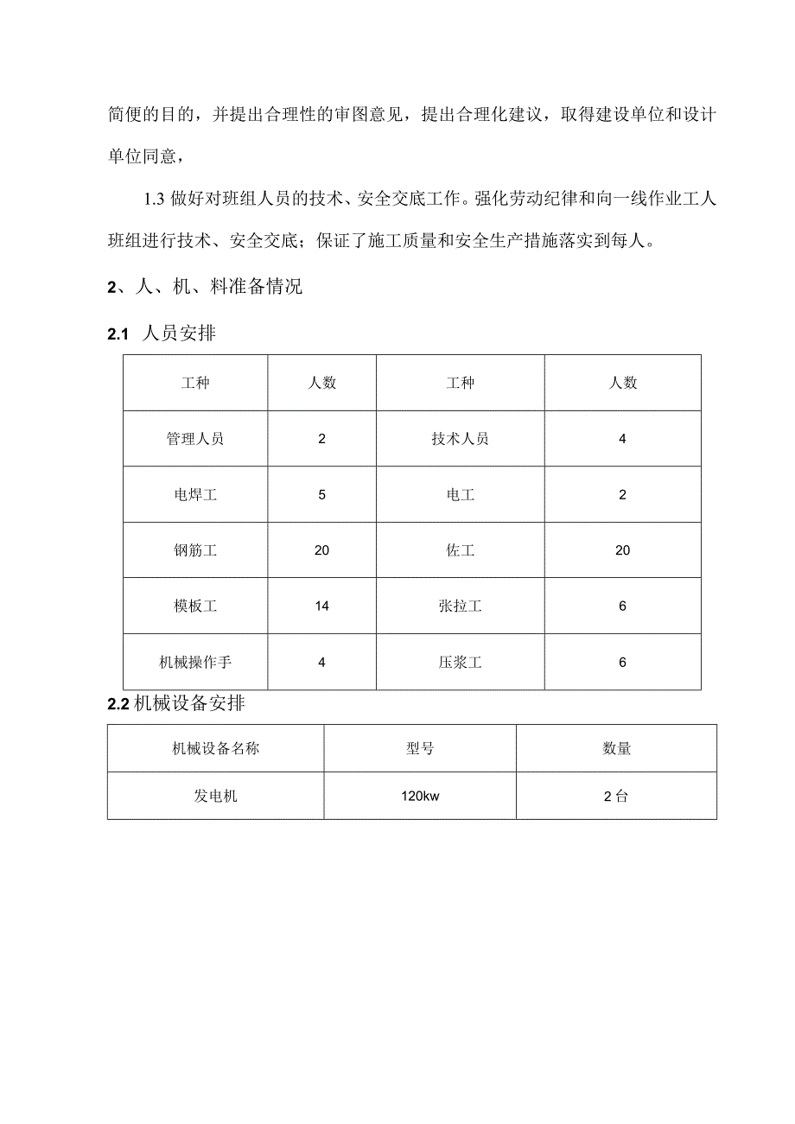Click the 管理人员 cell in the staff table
tap(195, 439)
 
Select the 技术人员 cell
tap(460, 439)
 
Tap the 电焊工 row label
tap(195, 495)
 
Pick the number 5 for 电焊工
tap(321, 495)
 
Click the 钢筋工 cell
tap(195, 550)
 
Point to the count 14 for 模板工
tap(321, 606)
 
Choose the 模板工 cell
tap(195, 606)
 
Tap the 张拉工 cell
tap(460, 606)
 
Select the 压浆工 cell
tap(460, 663)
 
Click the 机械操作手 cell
tap(195, 663)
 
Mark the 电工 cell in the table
tap(460, 495)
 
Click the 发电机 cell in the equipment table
tap(215, 796)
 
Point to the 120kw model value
tap(420, 796)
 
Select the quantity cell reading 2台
tap(616, 796)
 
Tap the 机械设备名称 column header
tap(215, 748)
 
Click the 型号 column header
tap(420, 748)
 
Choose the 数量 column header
tap(616, 748)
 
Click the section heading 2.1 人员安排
tap(162, 334)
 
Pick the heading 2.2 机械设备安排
tap(176, 704)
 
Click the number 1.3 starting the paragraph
tap(154, 200)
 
